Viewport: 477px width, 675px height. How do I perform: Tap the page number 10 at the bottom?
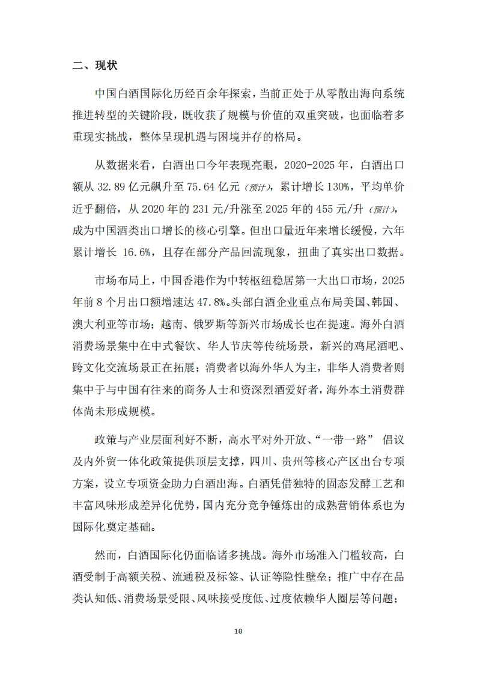(x=239, y=631)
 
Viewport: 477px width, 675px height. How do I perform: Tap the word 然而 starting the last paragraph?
(x=108, y=557)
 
